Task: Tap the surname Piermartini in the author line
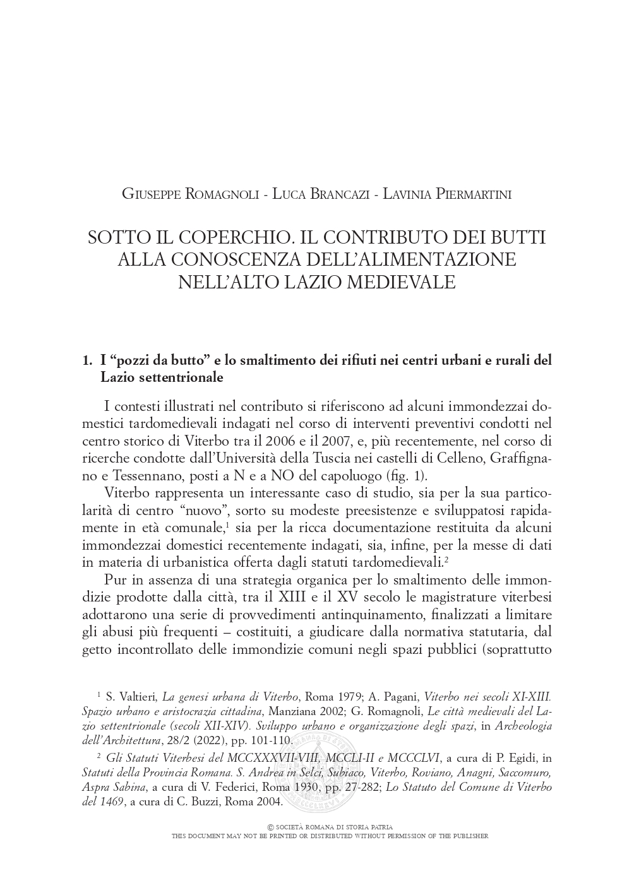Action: (471, 194)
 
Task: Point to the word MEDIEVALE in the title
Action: (402, 282)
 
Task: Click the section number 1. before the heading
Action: (88, 360)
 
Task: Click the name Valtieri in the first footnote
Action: (134, 697)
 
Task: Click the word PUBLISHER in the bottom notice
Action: (468, 836)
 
